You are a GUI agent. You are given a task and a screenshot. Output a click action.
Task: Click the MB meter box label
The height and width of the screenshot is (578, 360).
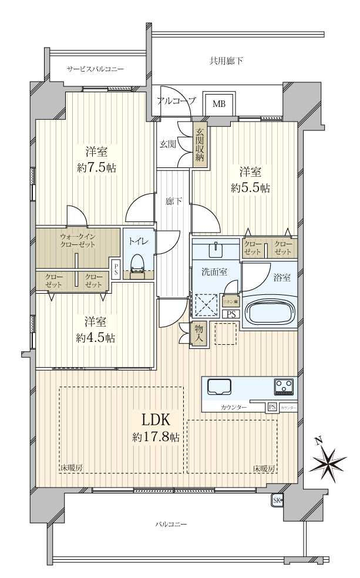[x=218, y=105]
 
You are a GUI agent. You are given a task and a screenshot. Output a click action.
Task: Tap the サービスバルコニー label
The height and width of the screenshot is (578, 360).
[x=95, y=69]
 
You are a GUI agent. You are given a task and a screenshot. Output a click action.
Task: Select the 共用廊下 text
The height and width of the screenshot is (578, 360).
[x=226, y=61]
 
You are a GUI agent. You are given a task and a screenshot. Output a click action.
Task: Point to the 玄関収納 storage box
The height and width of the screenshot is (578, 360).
[x=200, y=146]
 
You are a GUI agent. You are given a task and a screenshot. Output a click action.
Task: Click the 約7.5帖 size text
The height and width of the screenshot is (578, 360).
[x=96, y=168]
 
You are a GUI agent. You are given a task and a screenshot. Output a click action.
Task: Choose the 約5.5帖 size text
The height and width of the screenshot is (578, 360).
[x=251, y=189]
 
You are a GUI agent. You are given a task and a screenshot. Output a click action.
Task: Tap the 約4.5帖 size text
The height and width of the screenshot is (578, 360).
[x=95, y=338]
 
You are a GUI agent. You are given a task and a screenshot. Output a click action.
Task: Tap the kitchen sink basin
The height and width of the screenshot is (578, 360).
[x=220, y=387]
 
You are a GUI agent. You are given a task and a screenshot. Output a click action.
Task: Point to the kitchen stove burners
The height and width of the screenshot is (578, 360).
[x=284, y=387]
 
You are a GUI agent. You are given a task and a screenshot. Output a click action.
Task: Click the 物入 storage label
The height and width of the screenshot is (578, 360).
[x=200, y=334]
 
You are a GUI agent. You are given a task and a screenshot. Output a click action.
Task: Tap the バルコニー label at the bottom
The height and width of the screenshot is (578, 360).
[x=171, y=524]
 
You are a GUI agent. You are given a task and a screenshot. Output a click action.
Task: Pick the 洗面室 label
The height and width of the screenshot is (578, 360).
[x=211, y=273]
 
